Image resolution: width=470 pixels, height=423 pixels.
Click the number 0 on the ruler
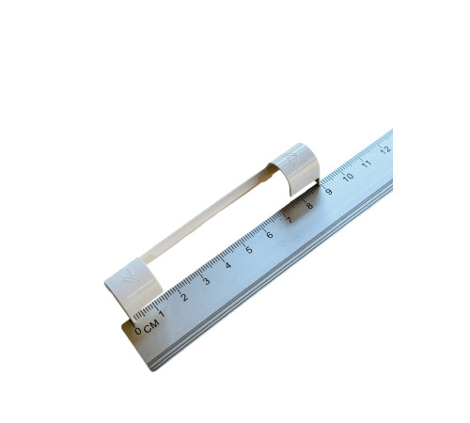pyautogui.click(x=138, y=331)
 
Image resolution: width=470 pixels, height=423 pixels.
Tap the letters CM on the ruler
pyautogui.click(x=151, y=325)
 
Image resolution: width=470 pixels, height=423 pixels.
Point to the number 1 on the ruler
pyautogui.click(x=162, y=313)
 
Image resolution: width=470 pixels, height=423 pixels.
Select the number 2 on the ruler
pyautogui.click(x=184, y=297)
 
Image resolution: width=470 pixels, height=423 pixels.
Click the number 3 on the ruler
pyautogui.click(x=206, y=281)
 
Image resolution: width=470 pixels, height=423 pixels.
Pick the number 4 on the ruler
pyautogui.click(x=227, y=265)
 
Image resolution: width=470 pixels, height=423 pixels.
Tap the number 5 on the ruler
pyautogui.click(x=249, y=250)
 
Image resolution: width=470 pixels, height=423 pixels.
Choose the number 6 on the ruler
pyautogui.click(x=269, y=235)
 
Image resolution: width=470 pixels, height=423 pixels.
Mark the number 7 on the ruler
pyautogui.click(x=289, y=220)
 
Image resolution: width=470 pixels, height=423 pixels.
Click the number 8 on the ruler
pyautogui.click(x=309, y=206)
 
